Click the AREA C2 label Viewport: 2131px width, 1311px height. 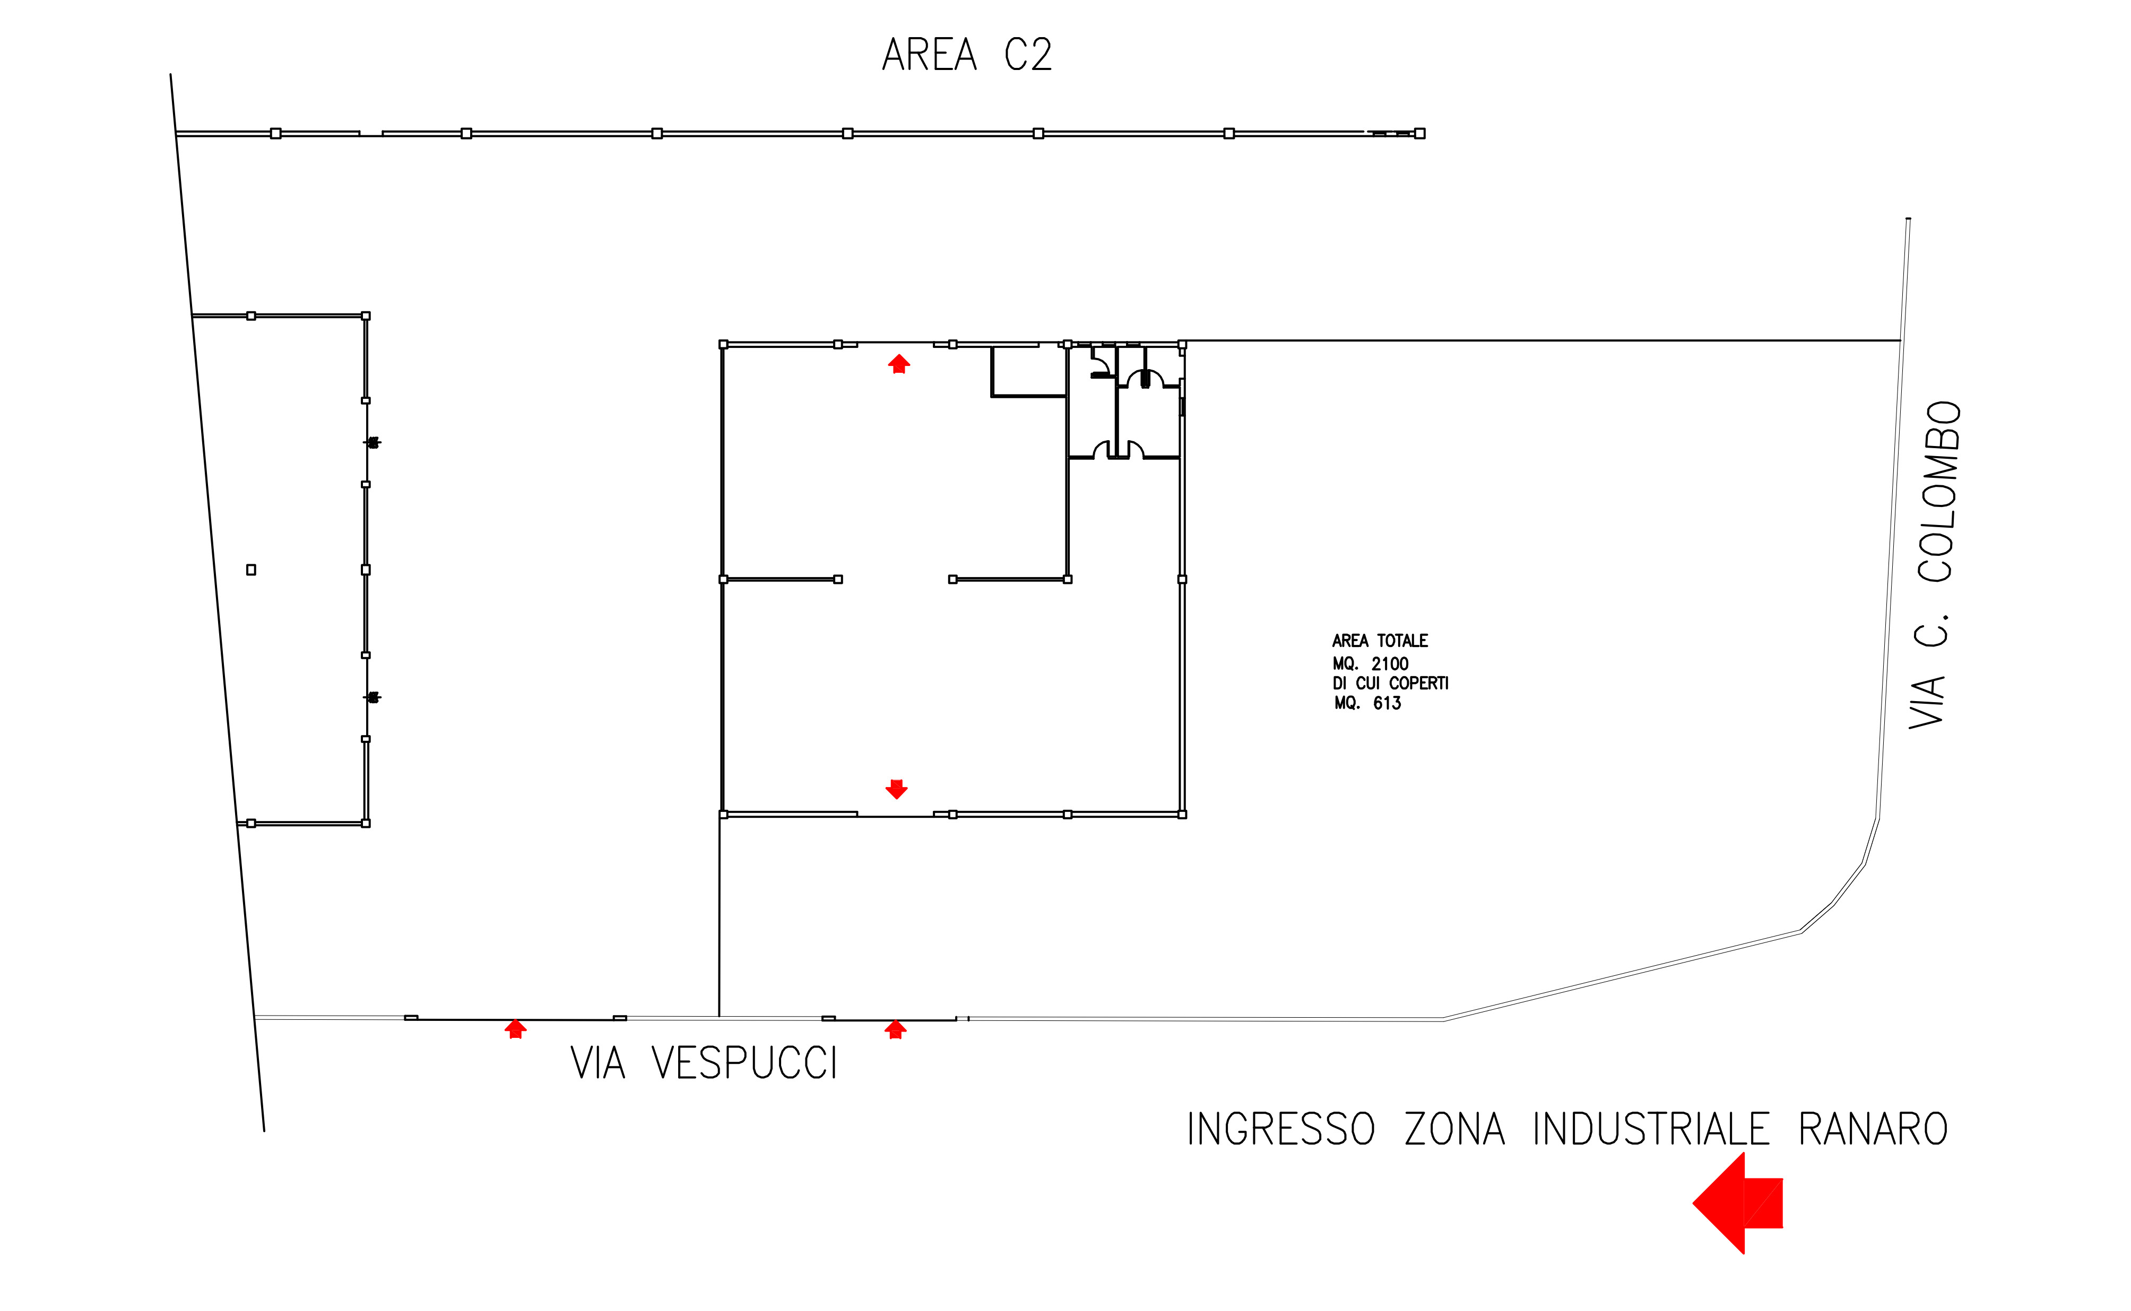tap(966, 55)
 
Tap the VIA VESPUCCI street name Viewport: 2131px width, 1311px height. tap(704, 1063)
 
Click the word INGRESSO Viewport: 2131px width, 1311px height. tap(1280, 1129)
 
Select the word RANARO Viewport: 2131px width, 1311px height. tap(1873, 1129)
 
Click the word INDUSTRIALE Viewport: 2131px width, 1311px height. tap(1650, 1129)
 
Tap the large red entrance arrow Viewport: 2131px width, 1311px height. tap(1737, 1203)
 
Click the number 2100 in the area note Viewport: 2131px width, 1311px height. tap(1389, 664)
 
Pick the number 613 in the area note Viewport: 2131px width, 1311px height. tap(1387, 703)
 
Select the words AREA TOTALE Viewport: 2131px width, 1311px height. tap(1379, 641)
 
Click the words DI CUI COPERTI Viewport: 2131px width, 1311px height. tap(1390, 683)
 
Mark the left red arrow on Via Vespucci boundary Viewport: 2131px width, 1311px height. tap(515, 1029)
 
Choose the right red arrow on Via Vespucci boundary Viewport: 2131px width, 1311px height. tap(895, 1029)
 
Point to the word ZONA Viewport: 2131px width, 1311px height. tap(1454, 1129)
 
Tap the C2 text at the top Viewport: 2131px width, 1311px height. tap(1028, 55)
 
